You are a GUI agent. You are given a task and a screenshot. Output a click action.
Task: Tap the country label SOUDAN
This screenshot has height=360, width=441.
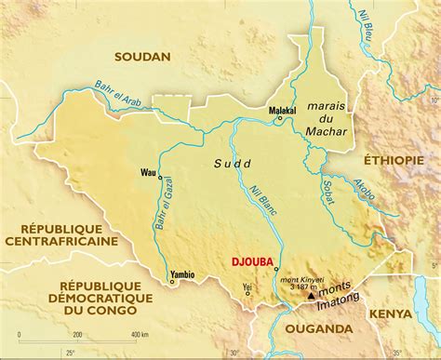(142, 57)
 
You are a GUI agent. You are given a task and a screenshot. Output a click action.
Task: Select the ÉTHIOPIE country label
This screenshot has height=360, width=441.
(389, 160)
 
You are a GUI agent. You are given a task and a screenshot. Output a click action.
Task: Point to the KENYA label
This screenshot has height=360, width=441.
(391, 313)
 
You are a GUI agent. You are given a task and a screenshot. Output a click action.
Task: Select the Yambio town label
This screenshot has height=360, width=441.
(181, 274)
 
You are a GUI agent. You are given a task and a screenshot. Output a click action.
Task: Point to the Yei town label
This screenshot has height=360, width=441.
(246, 287)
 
